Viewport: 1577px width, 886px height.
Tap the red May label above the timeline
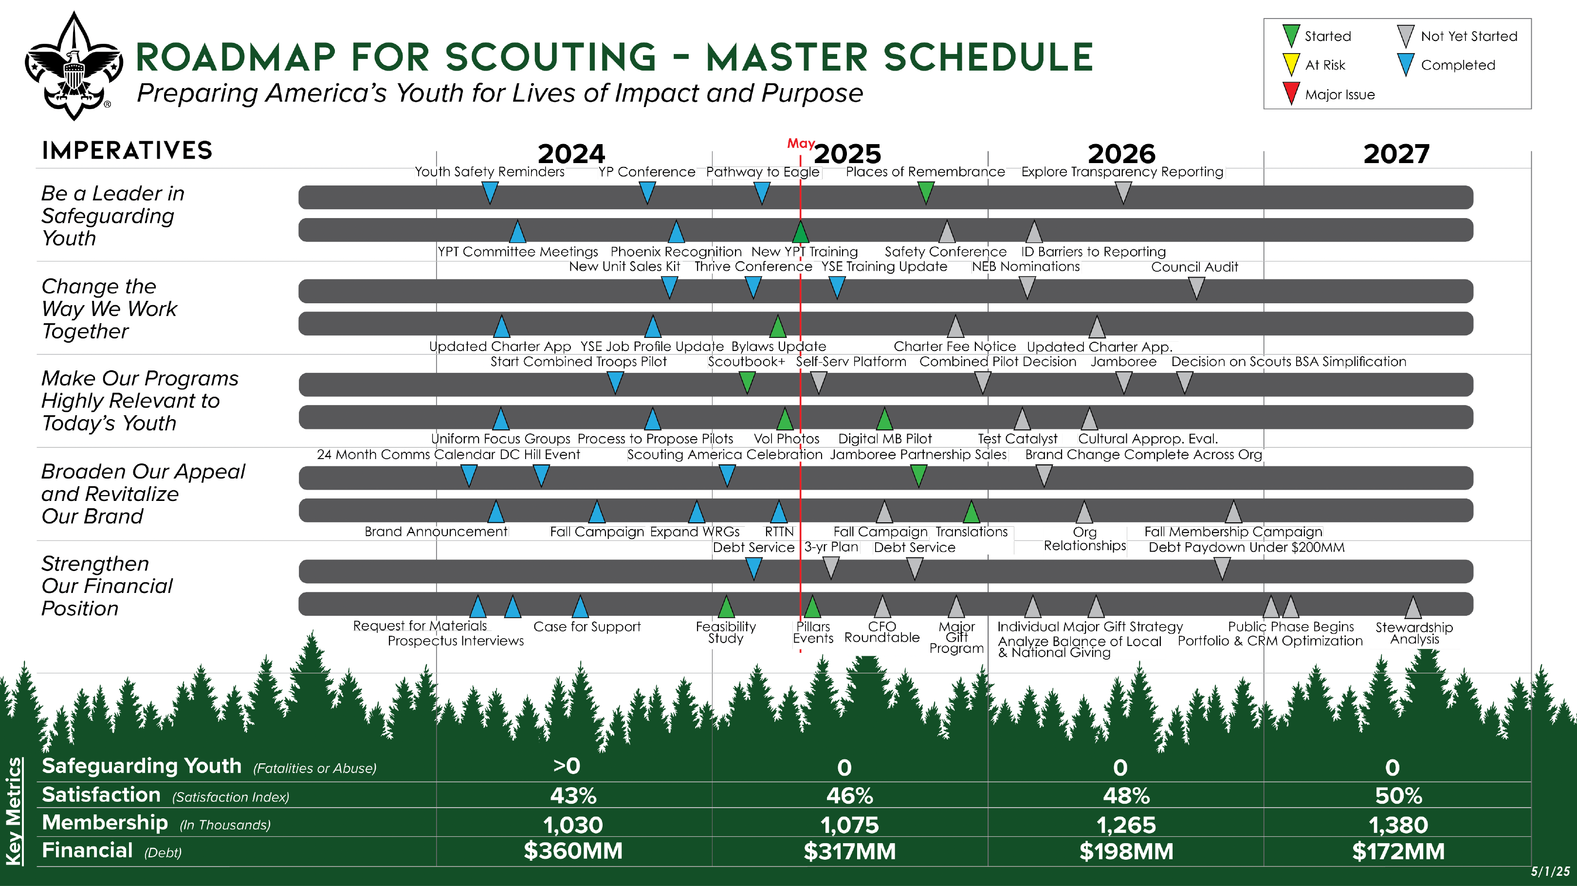tap(800, 143)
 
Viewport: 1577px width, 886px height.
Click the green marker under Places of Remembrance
tap(926, 193)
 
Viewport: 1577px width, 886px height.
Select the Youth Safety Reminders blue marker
tap(490, 193)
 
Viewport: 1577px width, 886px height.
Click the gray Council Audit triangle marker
tap(1195, 287)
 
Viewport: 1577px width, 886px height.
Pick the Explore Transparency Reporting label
tap(1121, 172)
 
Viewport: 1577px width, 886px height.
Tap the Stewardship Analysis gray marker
tap(1413, 608)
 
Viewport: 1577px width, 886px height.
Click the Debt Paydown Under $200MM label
tap(1247, 547)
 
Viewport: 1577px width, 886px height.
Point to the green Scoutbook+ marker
tap(747, 382)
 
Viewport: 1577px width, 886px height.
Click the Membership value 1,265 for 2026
tap(1126, 825)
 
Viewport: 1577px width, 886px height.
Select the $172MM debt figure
tap(1398, 851)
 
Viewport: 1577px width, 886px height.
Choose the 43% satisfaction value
tap(573, 795)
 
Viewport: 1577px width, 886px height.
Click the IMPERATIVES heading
tap(127, 150)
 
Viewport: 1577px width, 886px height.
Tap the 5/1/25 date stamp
tap(1550, 871)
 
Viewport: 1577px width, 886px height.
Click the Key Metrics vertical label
tap(14, 812)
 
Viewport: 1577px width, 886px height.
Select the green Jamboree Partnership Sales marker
tap(918, 475)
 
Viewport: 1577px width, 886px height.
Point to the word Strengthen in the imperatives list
tap(95, 563)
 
